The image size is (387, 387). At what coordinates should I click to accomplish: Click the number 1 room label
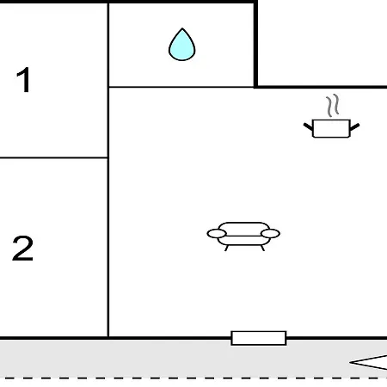click(24, 80)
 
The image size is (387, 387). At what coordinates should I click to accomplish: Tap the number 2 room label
click(22, 248)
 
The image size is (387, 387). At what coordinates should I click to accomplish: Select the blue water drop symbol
click(182, 45)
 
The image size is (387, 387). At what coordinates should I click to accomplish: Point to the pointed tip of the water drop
click(182, 28)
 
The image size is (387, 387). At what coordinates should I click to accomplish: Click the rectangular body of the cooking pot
click(331, 128)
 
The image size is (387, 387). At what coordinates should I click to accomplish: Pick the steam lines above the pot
click(333, 106)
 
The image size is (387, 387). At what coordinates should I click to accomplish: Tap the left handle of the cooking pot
click(308, 126)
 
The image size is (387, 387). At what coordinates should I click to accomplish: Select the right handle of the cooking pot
click(354, 126)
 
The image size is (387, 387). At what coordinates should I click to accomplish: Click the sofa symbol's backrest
click(243, 226)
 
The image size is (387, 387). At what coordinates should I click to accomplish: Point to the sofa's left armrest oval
click(217, 234)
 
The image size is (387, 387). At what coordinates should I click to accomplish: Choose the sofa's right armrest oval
click(270, 234)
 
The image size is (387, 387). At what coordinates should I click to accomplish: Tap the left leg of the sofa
click(226, 248)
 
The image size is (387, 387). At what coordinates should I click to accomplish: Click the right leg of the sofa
click(262, 248)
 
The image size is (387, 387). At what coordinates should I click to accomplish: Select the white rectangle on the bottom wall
click(259, 338)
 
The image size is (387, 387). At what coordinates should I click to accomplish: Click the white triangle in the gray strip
click(370, 363)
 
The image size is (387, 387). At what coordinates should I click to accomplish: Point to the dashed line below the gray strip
click(193, 378)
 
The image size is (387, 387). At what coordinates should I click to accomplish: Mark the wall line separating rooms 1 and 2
click(54, 157)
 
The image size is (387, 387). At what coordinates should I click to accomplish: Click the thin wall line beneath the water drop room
click(181, 87)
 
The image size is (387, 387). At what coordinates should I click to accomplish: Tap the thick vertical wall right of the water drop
click(255, 45)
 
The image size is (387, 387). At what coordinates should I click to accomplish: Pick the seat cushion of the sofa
click(243, 241)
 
